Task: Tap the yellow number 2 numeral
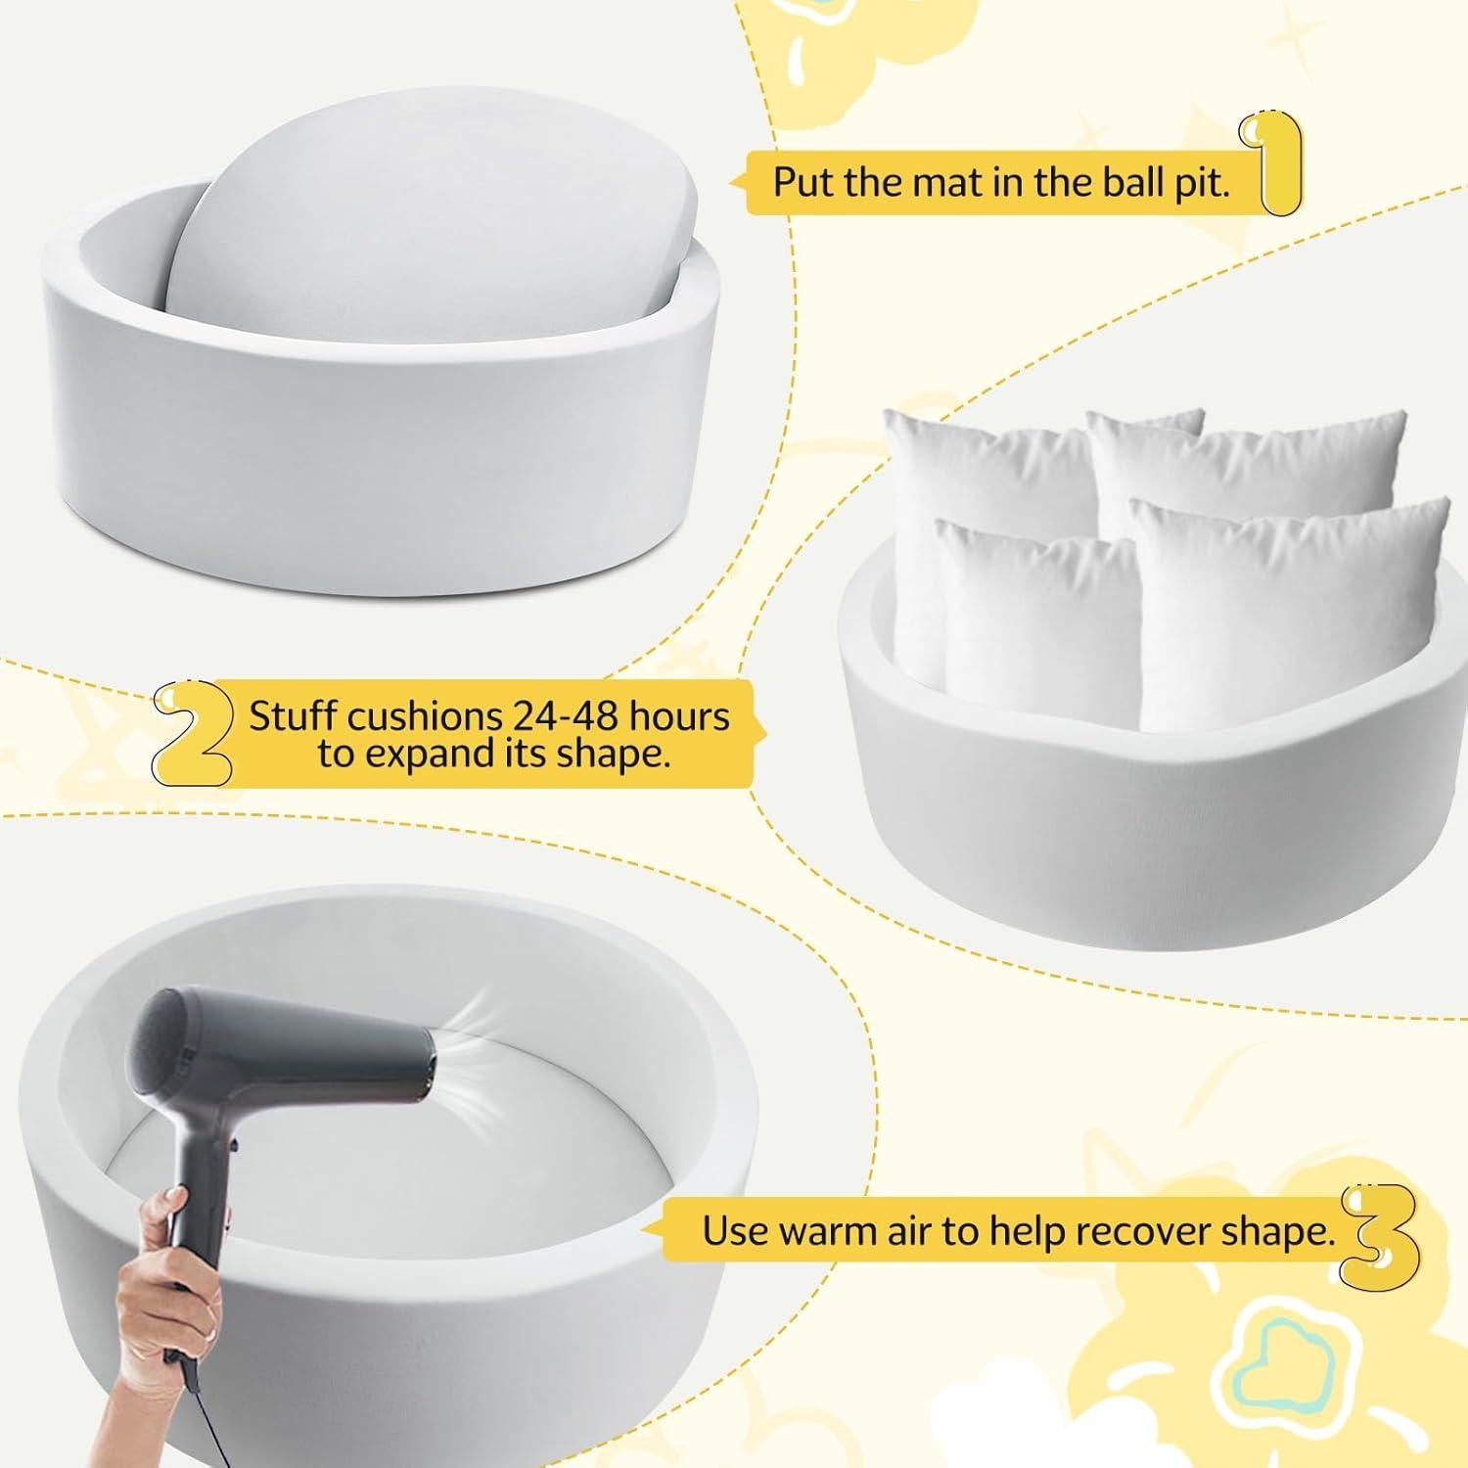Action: [193, 729]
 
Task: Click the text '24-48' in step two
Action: [566, 716]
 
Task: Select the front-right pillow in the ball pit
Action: [1282, 607]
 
